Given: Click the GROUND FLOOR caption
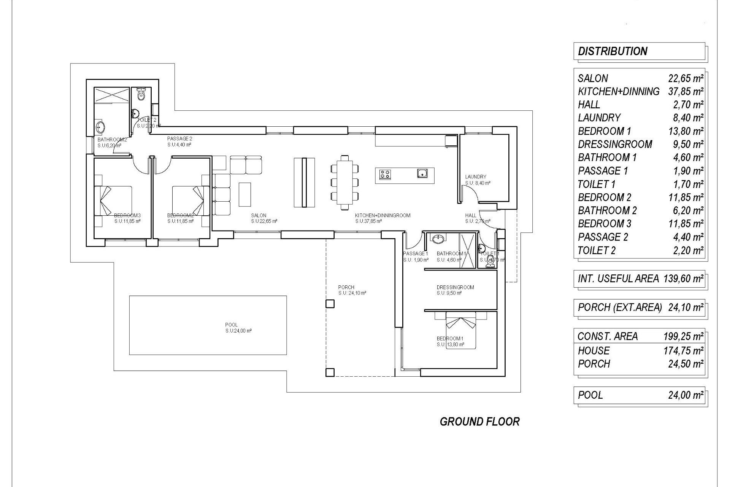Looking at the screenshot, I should pos(479,422).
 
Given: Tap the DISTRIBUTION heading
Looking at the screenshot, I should pos(612,51).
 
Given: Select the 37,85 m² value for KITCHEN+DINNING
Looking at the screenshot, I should pos(686,92).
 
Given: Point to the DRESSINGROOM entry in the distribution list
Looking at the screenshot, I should pos(615,145).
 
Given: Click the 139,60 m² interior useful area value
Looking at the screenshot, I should pos(683,279).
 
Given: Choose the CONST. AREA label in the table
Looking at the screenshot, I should pos(607,336).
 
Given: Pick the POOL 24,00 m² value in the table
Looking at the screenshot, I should pos(686,395).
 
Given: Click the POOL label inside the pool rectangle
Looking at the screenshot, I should pos(231,325).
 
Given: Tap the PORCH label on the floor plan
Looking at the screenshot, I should pos(346,287).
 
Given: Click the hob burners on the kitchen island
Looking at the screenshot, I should pos(385,174).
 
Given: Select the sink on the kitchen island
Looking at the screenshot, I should pos(422,174).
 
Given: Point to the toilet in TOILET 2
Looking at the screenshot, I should pos(141,94).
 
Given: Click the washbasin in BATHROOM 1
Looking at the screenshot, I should pos(438,239).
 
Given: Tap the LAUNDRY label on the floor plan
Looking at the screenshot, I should pos(475,177).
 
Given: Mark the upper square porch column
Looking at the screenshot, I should pos(330,304).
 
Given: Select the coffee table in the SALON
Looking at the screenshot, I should pos(245,194).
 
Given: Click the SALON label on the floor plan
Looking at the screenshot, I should pos(259,215).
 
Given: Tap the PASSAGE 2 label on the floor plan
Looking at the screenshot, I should pos(179,139).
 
